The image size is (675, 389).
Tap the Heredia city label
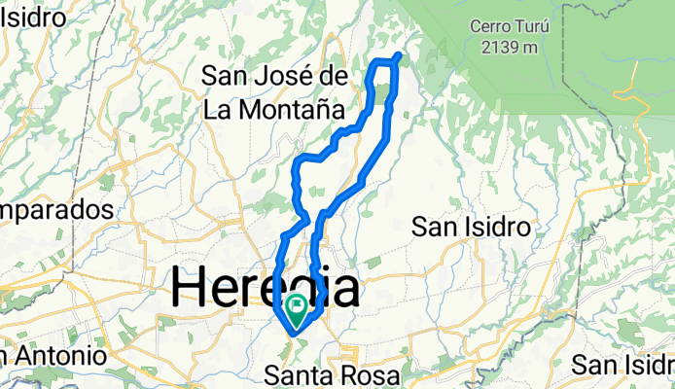[266, 289]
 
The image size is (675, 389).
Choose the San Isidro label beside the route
[471, 228]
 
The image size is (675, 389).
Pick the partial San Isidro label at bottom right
[623, 366]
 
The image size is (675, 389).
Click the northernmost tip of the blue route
[400, 53]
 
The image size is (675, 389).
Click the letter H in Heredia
[192, 289]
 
